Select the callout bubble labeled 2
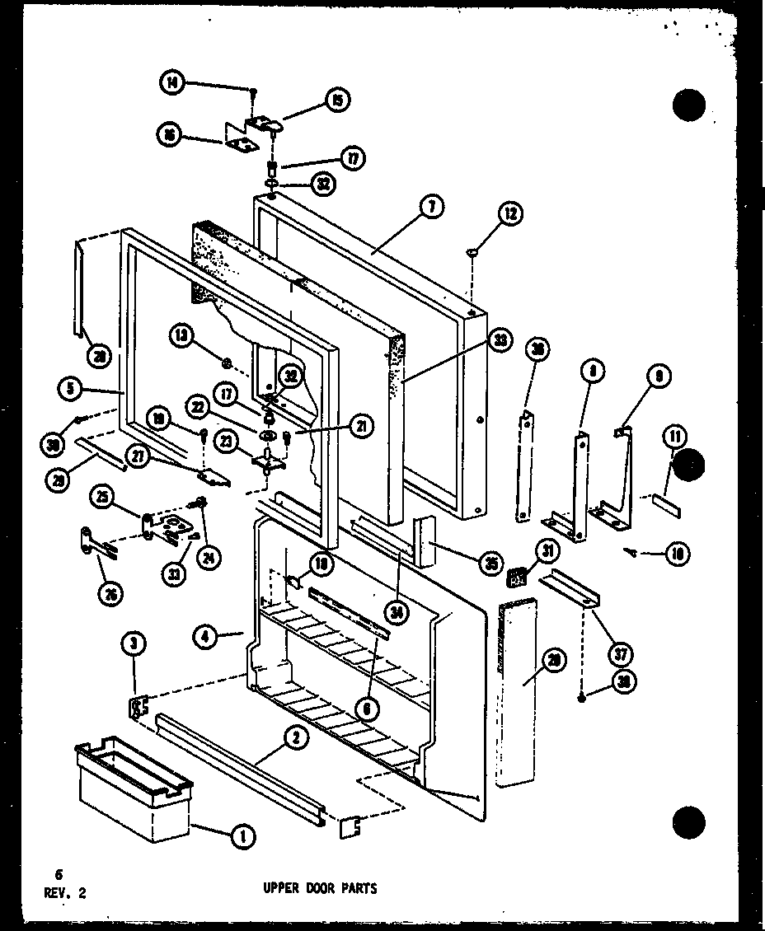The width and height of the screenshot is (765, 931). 295,739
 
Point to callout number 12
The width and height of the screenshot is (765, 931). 509,214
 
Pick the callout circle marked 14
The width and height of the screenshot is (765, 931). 171,82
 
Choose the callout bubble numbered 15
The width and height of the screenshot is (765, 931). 337,100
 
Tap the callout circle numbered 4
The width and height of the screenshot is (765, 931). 208,635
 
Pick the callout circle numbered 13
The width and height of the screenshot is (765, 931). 184,335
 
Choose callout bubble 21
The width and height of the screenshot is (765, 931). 359,425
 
